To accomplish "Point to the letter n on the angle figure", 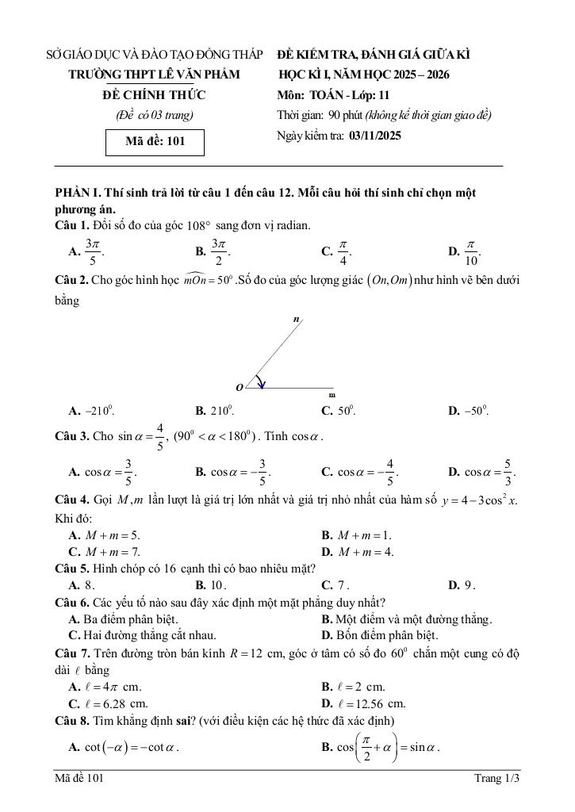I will point(296,319).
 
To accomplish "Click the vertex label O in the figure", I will point(239,387).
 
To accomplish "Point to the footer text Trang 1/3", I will point(496,779).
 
